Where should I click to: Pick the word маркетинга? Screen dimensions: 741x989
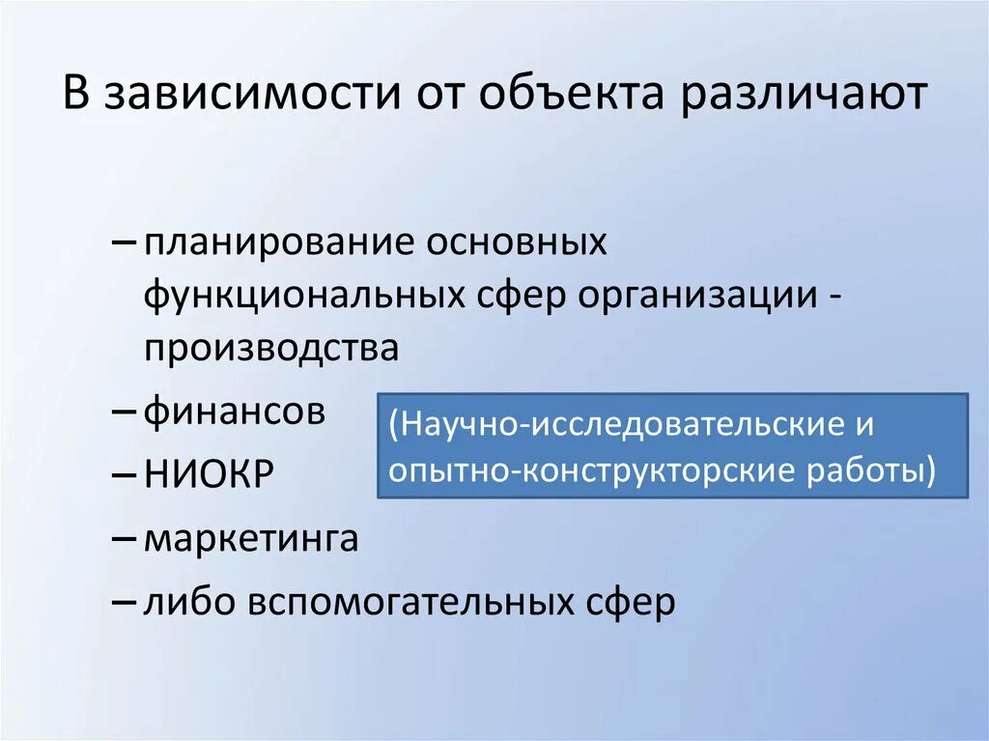pos(251,539)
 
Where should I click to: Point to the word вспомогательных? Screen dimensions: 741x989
pos(413,603)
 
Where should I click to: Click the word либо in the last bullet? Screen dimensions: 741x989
pos(190,603)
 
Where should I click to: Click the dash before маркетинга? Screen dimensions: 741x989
pos(126,539)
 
